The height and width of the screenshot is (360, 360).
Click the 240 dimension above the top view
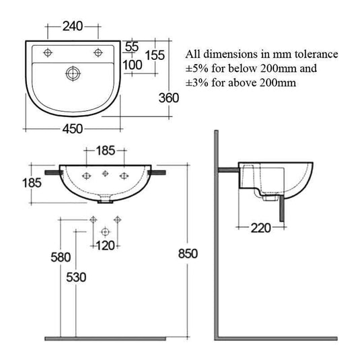click(71, 27)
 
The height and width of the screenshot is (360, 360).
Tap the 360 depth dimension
click(169, 98)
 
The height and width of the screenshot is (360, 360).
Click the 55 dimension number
click(131, 46)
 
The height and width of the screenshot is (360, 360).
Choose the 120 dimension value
click(105, 246)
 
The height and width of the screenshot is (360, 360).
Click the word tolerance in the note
click(316, 54)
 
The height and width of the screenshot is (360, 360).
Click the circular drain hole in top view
click(72, 71)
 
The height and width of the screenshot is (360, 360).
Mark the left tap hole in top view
click(48, 52)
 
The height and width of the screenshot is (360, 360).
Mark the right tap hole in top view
click(98, 52)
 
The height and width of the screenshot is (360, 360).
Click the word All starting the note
click(194, 54)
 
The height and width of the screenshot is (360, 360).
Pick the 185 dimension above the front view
click(105, 150)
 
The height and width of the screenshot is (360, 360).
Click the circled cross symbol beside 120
click(104, 231)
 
